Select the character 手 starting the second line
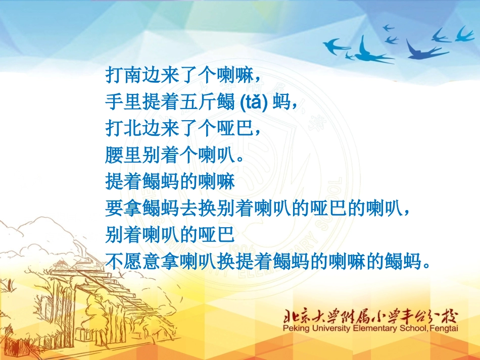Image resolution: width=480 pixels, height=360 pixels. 115,102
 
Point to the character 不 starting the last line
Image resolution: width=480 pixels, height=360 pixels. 115,261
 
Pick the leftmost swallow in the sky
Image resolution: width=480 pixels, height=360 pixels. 336,46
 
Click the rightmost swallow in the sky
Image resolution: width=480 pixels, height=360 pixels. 465,34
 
